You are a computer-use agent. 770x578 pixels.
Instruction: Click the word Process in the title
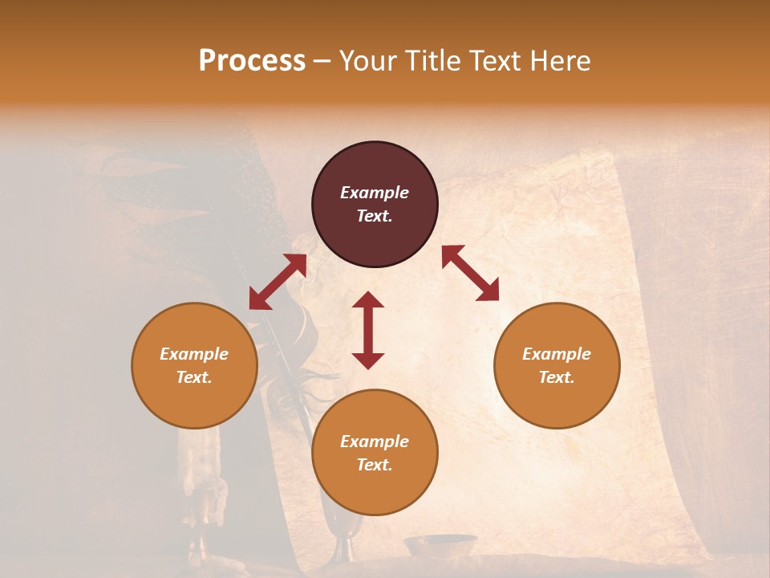(252, 61)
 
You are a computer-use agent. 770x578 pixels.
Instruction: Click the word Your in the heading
(368, 61)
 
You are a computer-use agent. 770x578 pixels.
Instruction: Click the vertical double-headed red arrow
(368, 330)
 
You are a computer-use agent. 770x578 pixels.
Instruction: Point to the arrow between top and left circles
(278, 282)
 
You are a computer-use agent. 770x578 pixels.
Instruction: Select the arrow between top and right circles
(470, 273)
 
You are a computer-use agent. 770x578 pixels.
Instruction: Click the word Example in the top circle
(375, 193)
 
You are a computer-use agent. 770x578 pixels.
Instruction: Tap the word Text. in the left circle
(194, 377)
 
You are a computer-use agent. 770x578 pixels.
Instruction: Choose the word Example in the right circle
(557, 354)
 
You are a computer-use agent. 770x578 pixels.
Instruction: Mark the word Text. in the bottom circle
(375, 465)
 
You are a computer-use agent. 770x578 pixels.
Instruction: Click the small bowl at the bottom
(440, 545)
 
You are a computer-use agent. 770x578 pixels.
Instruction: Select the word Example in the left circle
(194, 354)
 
